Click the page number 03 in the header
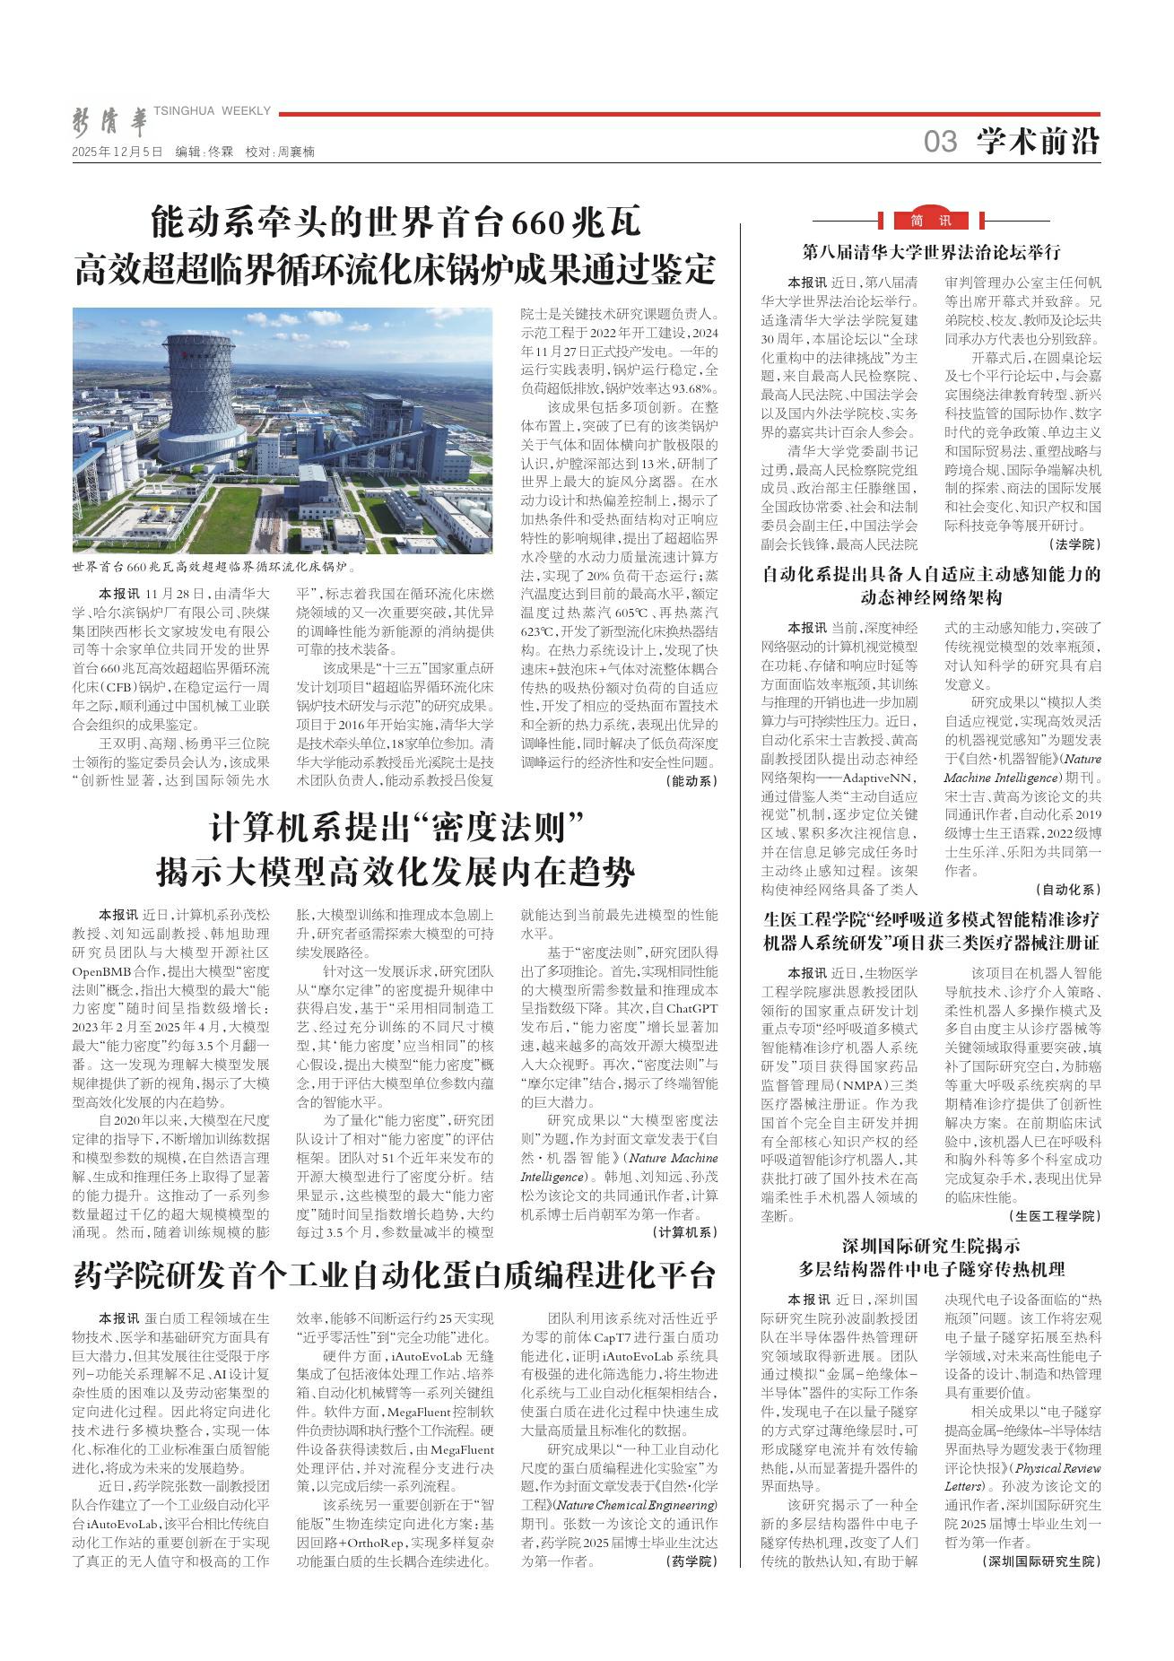tap(940, 141)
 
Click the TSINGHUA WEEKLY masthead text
tap(213, 110)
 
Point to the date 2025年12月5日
tap(117, 152)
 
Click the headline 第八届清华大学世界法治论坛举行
tap(931, 251)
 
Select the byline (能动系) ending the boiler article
tap(691, 780)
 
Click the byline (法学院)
tap(1074, 544)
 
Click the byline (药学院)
tap(691, 1561)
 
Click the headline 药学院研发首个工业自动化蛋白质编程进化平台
tap(395, 1274)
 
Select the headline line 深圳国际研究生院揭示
tap(931, 1245)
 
